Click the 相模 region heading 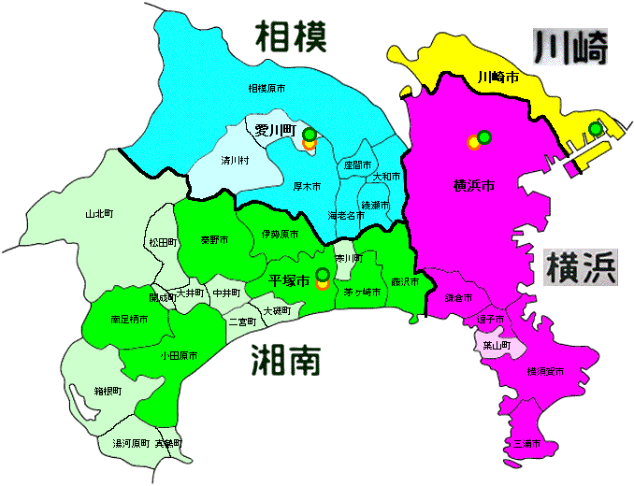pos(292,37)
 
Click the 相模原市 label pos(267,89)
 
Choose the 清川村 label pos(235,161)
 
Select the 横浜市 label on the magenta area pos(472,186)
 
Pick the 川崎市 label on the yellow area pos(497,77)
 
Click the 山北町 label pos(98,214)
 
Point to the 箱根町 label pos(108,392)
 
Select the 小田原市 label pos(177,355)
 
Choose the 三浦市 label pos(528,443)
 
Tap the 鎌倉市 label pos(458,298)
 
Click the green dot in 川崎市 pos(595,129)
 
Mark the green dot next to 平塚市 pos(323,274)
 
